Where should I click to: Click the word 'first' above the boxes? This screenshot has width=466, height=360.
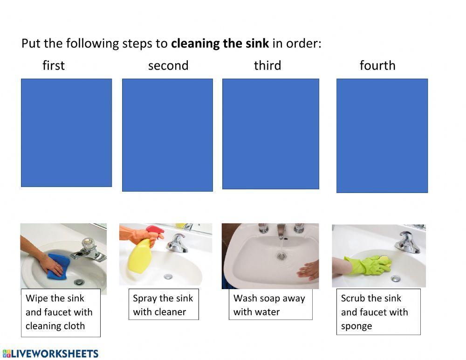click(54, 65)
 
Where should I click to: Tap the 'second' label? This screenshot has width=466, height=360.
click(168, 65)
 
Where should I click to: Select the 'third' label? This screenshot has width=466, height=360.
click(267, 65)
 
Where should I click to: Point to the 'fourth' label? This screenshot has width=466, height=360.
click(377, 65)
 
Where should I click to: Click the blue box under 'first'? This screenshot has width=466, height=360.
click(66, 132)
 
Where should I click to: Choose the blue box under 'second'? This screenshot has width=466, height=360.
click(167, 135)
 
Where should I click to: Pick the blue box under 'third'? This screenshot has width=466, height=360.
click(271, 134)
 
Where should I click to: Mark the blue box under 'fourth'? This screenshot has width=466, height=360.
click(382, 135)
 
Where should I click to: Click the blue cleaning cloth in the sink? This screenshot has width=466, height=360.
click(58, 266)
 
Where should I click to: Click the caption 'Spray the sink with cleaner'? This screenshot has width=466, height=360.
click(163, 305)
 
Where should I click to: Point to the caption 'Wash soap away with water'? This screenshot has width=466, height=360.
click(270, 305)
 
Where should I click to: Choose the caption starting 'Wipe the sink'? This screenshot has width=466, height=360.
click(60, 312)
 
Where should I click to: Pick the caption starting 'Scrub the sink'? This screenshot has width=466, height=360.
click(378, 312)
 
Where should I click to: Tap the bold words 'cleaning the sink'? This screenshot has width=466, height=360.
click(220, 44)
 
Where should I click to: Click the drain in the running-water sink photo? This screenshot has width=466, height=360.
click(281, 256)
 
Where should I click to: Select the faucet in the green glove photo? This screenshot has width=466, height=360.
click(406, 242)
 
